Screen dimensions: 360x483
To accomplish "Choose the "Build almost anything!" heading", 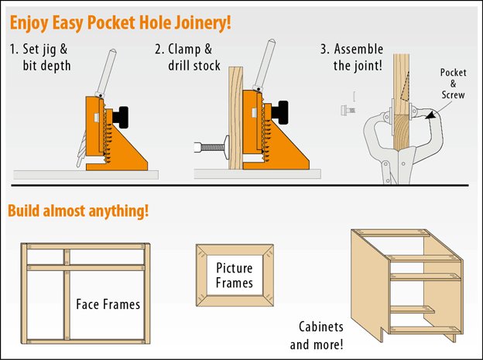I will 78,211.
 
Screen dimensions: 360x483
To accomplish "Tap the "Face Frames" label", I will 108,304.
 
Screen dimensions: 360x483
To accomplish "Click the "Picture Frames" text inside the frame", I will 235,275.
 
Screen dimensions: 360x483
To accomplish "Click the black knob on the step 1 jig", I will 122,117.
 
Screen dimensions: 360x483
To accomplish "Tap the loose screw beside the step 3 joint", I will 347,111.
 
